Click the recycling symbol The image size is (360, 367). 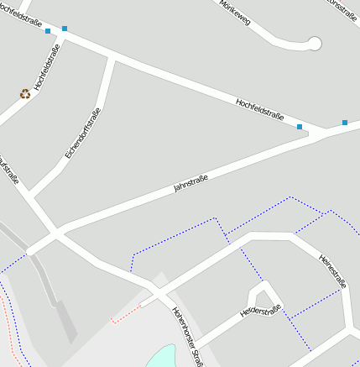point(25,94)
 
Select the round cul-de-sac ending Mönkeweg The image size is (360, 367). point(315,43)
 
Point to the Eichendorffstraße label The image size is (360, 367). point(83,134)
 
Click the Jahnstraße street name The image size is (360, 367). point(190,182)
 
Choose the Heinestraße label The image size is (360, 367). point(332,271)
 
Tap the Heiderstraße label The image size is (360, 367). point(259,312)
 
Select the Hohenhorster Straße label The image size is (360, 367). point(187,336)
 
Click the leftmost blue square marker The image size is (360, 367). point(48,31)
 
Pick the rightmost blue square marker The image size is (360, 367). point(345,123)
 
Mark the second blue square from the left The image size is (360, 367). point(65,29)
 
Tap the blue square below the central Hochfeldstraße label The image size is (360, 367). point(300,127)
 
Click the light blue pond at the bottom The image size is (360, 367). point(161,356)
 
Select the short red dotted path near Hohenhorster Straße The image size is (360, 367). point(126,312)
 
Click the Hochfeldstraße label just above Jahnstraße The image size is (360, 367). point(259,108)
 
